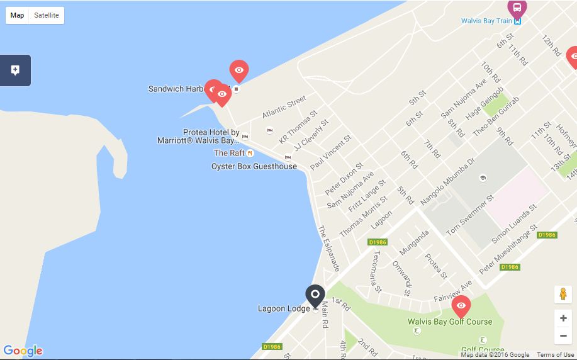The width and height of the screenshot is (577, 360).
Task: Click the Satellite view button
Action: click(47, 15)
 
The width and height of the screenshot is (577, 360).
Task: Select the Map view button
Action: click(18, 15)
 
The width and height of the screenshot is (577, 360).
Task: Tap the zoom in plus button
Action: click(563, 318)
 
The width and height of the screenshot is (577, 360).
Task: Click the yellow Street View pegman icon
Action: click(563, 295)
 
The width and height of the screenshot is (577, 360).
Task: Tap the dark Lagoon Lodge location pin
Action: click(315, 295)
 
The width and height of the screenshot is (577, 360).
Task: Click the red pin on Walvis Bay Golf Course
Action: click(461, 306)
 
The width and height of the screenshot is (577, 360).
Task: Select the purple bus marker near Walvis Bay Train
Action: click(517, 8)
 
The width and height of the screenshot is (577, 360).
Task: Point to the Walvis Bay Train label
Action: click(486, 21)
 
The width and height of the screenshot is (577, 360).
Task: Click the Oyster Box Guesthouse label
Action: click(254, 166)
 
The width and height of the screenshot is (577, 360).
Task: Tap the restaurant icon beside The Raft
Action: click(250, 153)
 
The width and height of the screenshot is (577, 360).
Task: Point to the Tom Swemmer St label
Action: click(470, 215)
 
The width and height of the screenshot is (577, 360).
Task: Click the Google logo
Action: click(23, 351)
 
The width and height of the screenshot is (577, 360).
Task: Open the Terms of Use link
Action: click(555, 355)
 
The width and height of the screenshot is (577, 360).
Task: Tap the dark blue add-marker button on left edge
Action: click(15, 70)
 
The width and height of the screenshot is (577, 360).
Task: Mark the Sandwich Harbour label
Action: click(176, 89)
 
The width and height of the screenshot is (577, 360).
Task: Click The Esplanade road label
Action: click(328, 249)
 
